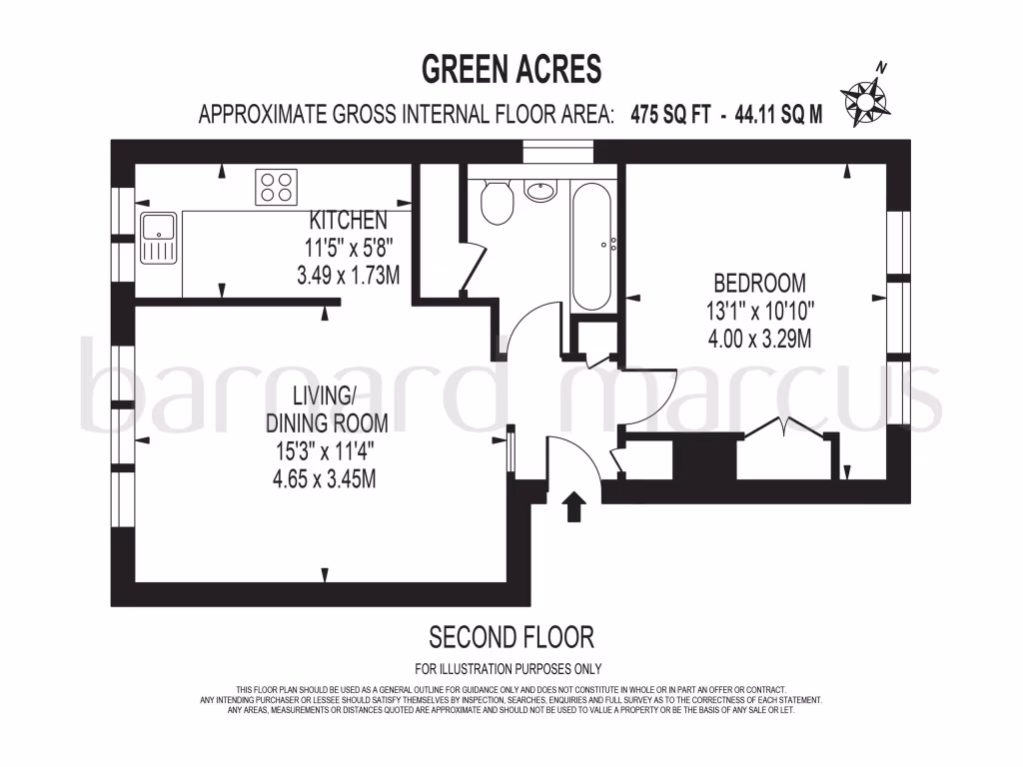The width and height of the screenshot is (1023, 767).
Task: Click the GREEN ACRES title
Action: tap(511, 70)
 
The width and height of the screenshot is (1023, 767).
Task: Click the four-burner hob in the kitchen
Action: tap(277, 187)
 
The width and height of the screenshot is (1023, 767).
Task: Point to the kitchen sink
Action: tap(157, 238)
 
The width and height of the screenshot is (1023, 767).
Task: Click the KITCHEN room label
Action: tap(347, 221)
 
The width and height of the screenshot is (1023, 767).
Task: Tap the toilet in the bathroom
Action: tap(497, 203)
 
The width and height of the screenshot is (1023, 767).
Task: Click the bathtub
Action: tap(593, 245)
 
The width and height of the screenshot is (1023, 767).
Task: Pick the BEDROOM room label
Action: tap(758, 283)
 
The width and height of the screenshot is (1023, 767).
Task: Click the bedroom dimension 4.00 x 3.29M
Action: tap(758, 339)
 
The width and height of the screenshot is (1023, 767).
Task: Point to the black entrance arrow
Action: tap(574, 506)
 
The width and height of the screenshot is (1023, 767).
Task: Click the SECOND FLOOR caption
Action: tap(511, 636)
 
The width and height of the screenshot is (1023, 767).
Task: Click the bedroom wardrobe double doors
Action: tap(784, 429)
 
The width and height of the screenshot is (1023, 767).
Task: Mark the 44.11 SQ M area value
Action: tap(778, 114)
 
